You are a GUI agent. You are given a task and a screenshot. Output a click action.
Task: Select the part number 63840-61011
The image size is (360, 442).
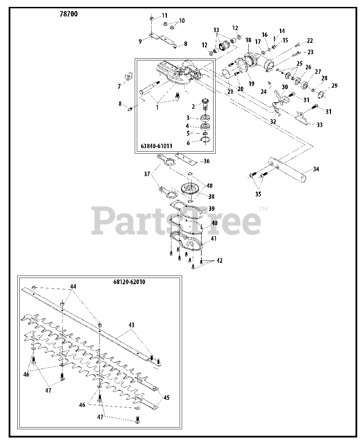click(157, 146)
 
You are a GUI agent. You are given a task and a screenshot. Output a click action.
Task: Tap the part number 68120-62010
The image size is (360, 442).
click(129, 282)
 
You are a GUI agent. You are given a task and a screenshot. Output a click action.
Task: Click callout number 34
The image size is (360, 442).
click(316, 169)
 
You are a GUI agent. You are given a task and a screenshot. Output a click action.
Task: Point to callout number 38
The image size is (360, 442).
click(211, 196)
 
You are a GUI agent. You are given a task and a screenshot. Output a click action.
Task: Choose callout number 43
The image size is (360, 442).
click(131, 325)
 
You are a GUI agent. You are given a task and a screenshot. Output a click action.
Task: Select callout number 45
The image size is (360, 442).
click(167, 397)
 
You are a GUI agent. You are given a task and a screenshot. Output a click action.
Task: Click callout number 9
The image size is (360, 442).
click(140, 41)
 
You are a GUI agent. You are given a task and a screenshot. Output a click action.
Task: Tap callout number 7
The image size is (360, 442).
click(119, 87)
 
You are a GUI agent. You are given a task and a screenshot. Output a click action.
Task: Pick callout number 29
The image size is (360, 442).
click(334, 86)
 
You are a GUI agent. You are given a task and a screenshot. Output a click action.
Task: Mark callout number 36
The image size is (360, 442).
click(206, 161)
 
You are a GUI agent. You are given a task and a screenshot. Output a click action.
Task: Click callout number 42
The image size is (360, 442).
click(219, 261)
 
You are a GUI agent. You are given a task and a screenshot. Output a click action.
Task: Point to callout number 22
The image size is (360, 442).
click(310, 41)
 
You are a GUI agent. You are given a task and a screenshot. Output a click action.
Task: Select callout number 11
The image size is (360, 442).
click(164, 16)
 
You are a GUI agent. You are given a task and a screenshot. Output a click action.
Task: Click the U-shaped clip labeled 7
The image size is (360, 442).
click(128, 76)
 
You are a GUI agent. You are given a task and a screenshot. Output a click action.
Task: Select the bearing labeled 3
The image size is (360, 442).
click(206, 118)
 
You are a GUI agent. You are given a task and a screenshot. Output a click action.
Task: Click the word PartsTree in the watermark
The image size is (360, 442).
click(176, 220)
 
